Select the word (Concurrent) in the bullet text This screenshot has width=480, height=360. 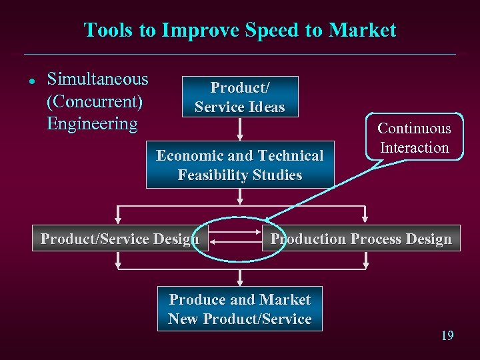pos(95,102)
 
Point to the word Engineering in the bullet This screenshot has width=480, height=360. pos(92,124)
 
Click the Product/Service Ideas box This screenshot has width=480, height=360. pos(240,97)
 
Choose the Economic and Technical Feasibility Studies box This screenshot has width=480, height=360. pos(240,165)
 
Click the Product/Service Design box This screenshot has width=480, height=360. pos(120,239)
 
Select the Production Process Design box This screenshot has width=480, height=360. pos(361,239)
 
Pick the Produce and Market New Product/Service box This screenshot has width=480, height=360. pos(240,309)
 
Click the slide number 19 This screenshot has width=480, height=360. pos(447,335)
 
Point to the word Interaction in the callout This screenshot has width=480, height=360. pos(414,148)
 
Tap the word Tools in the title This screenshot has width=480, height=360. pos(105,31)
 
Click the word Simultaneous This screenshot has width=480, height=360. pos(97,79)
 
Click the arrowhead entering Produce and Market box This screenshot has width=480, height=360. pos(240,283)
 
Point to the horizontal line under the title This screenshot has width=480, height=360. pos(240,54)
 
